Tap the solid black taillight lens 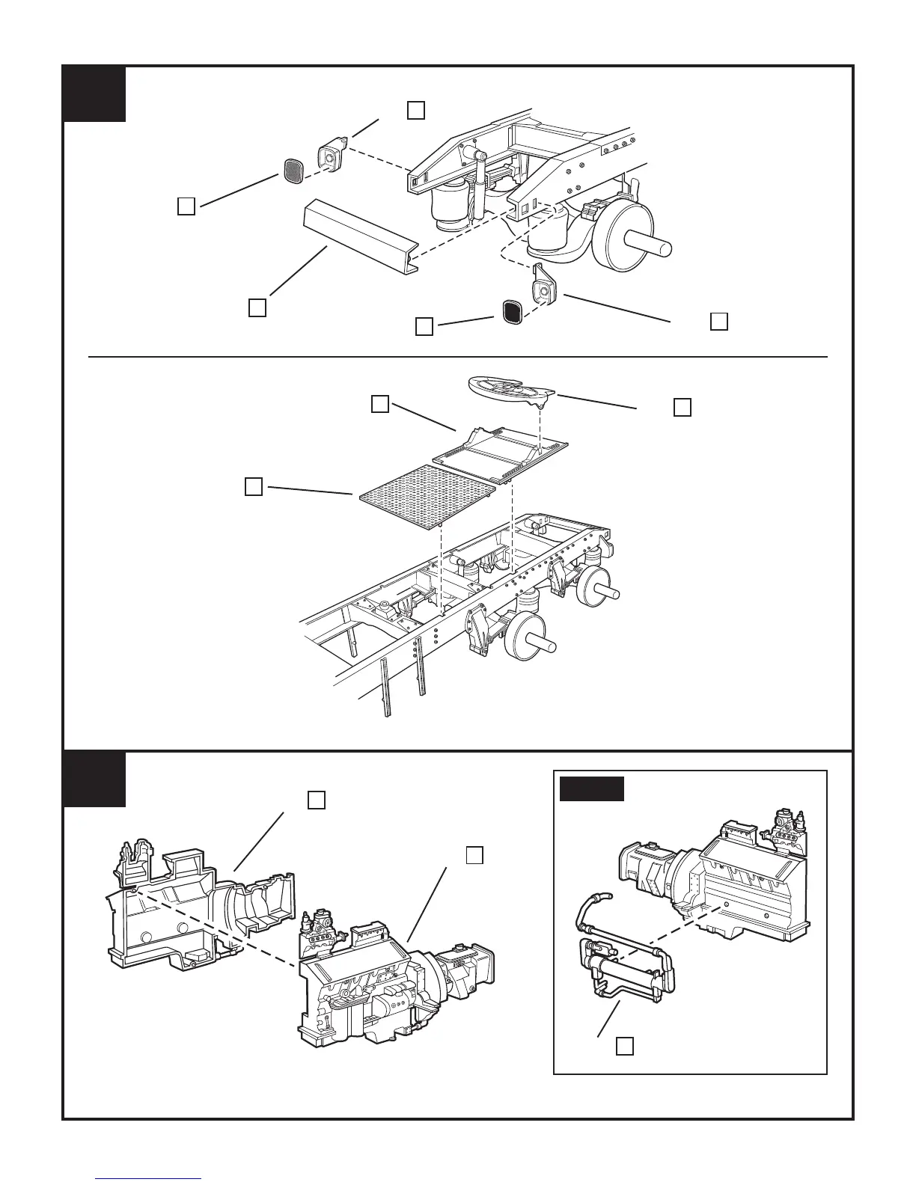click(x=512, y=310)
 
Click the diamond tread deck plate click(x=425, y=496)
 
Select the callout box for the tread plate click(x=253, y=487)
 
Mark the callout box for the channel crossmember click(x=257, y=307)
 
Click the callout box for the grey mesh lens click(x=187, y=206)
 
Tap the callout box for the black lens click(x=424, y=327)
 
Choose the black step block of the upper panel click(x=94, y=94)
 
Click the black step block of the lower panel click(x=94, y=780)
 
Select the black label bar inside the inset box click(x=592, y=789)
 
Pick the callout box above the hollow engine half click(x=316, y=800)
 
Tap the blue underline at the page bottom click(x=149, y=1179)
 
